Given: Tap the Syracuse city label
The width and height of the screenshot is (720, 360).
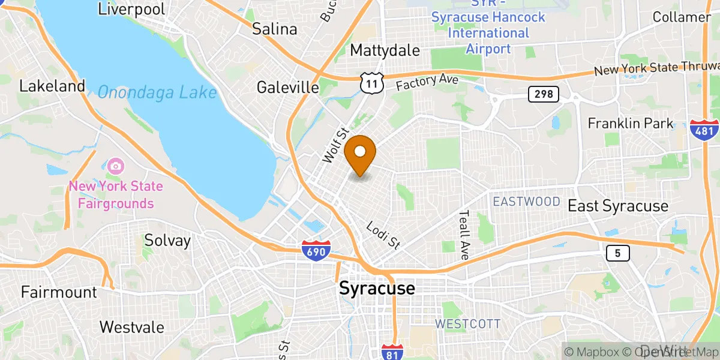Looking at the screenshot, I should point(377,289).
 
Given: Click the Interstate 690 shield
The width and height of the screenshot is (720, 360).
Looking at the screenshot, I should point(316,250).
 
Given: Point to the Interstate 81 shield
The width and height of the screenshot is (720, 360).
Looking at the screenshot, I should point(392,352).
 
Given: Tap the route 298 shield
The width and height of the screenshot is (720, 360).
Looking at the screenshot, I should point(544,94).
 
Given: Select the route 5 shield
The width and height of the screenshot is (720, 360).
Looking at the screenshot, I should point(617,254).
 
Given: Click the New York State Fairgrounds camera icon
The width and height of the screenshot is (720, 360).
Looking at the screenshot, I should point(116,165).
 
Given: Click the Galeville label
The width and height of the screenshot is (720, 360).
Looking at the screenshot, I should point(288,88).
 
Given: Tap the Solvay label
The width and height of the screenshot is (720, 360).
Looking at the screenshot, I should point(167,241).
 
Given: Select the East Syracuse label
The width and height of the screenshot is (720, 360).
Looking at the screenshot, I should point(618,206).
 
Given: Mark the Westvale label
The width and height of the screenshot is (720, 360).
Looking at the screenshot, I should point(132,327).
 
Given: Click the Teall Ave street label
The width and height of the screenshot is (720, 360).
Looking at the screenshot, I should point(464,234).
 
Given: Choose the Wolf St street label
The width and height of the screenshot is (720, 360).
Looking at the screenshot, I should point(335,145).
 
